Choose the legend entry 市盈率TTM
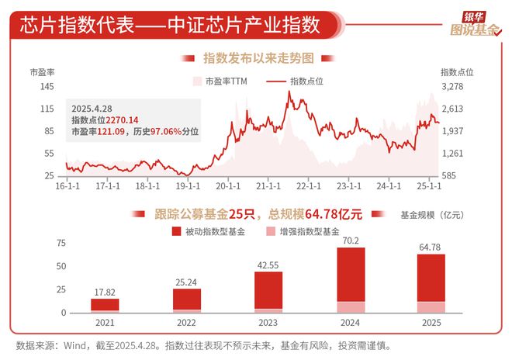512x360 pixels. pyautogui.click(x=223, y=81)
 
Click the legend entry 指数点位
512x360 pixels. pyautogui.click(x=299, y=81)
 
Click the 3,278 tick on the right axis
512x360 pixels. pyautogui.click(x=456, y=87)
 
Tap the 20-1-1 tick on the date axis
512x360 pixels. pyautogui.click(x=227, y=186)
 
